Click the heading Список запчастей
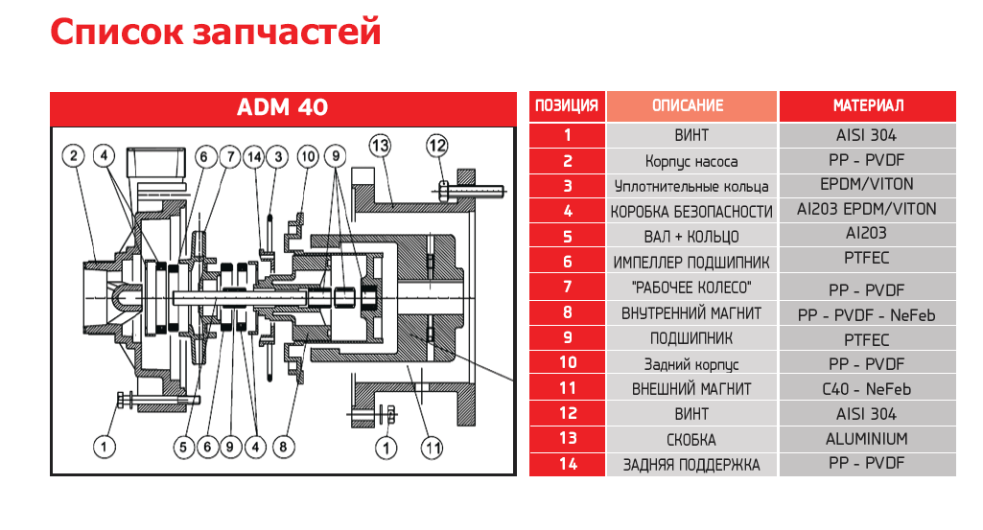pos(216,33)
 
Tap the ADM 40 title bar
pos(282,106)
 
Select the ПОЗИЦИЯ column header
pos(566,106)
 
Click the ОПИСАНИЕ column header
pos(691,106)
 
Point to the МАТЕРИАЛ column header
pos(867,106)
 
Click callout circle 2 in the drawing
pos(75,155)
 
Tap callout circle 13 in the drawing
pos(380,146)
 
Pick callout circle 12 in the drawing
pos(437,146)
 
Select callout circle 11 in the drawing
pos(433,447)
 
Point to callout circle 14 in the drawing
pos(253,155)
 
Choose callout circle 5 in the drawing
pos(183,447)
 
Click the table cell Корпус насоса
pos(691,161)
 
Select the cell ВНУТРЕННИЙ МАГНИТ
pos(691,313)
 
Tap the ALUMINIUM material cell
pos(867,439)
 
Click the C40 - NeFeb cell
pos(867,389)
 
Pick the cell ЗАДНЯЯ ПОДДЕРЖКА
pos(691,465)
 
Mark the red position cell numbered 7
pos(567,287)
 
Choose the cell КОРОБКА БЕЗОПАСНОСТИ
pos(691,211)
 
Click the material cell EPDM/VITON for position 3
pos(867,184)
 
